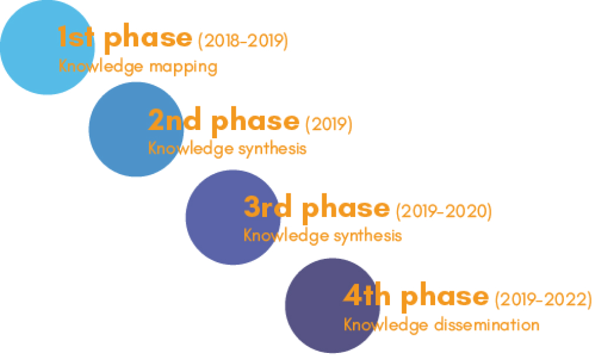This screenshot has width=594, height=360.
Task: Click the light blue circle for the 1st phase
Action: pyautogui.click(x=47, y=47)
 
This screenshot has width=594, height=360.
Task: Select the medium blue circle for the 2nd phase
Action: pyautogui.click(x=136, y=129)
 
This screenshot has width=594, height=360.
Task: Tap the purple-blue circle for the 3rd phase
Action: pyautogui.click(x=233, y=217)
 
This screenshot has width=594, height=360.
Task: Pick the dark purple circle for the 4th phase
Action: pyautogui.click(x=332, y=305)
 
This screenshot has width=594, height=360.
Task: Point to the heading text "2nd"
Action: pyautogui.click(x=174, y=119)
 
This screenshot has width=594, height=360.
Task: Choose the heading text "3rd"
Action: pyautogui.click(x=268, y=207)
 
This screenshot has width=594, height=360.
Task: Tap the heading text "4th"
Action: pyautogui.click(x=367, y=295)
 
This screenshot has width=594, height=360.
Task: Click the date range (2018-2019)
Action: pyautogui.click(x=243, y=41)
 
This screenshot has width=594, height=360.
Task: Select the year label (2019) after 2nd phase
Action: pyautogui.click(x=329, y=124)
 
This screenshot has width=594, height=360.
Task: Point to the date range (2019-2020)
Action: pyautogui.click(x=443, y=211)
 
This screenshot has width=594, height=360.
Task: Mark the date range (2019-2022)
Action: pyautogui.click(x=543, y=299)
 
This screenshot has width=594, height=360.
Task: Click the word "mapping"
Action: pyautogui.click(x=183, y=68)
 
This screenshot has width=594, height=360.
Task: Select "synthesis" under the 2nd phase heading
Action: pyautogui.click(x=272, y=149)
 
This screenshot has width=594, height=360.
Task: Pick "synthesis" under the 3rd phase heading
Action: pyautogui.click(x=368, y=236)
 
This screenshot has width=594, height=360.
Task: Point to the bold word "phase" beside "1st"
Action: pyautogui.click(x=148, y=39)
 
